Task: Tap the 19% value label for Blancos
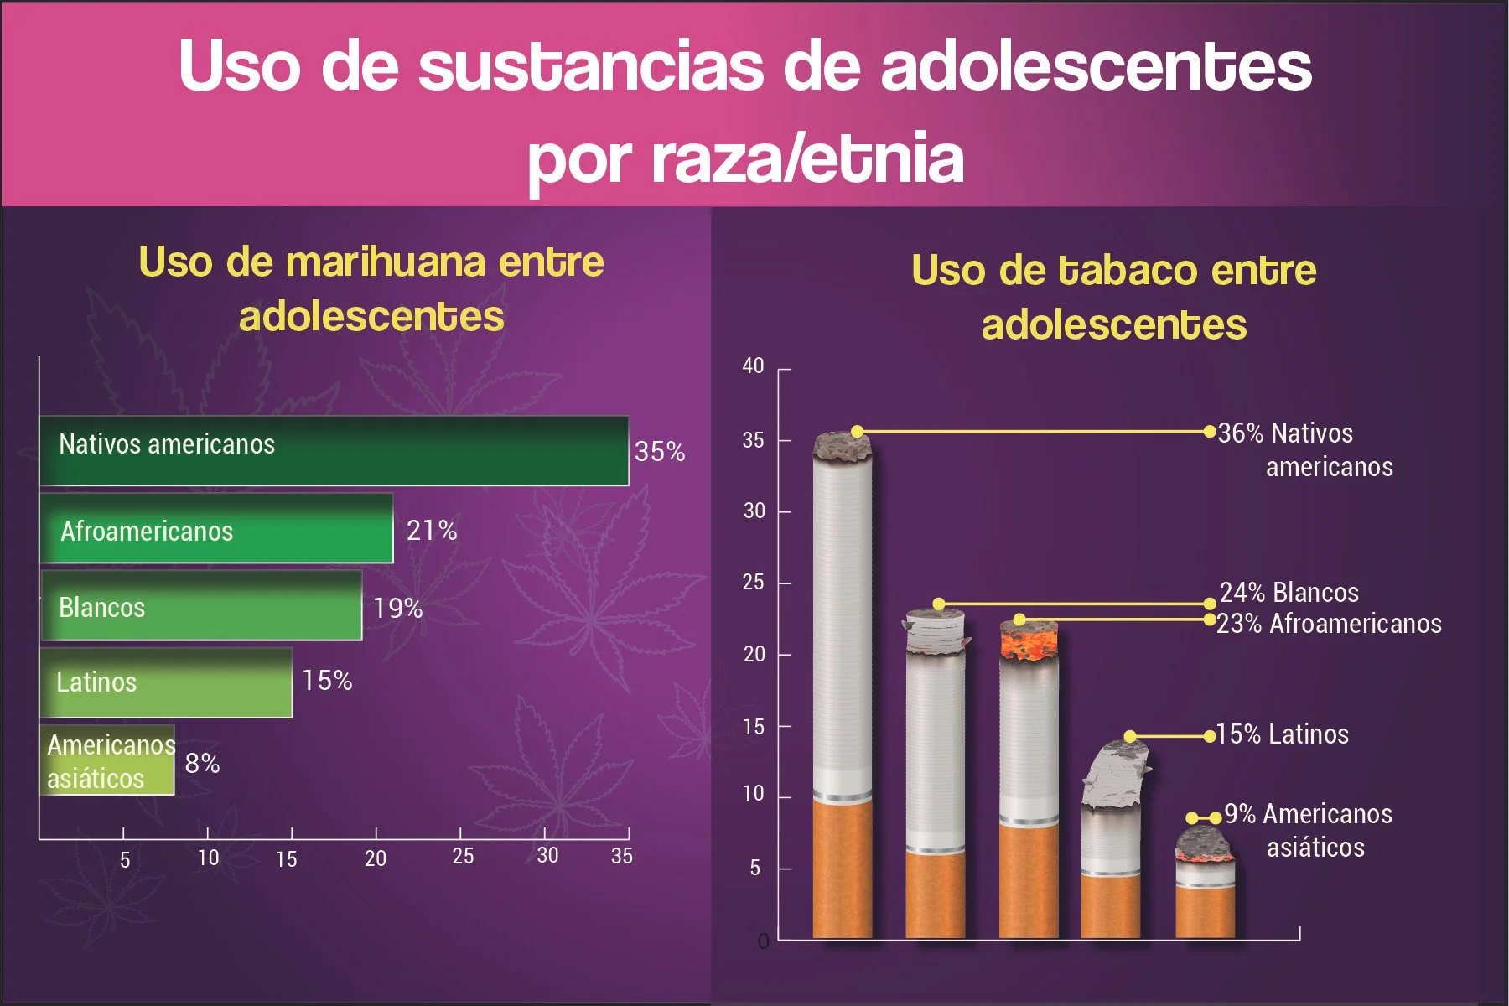pyautogui.click(x=397, y=608)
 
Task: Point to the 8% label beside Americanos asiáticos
pyautogui.click(x=202, y=764)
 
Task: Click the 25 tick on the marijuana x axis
pyautogui.click(x=463, y=856)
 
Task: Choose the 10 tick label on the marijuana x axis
pyautogui.click(x=208, y=858)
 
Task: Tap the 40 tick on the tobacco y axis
pyautogui.click(x=753, y=366)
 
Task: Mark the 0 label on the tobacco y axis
pyautogui.click(x=763, y=941)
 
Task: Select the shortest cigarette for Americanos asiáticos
pyautogui.click(x=1205, y=889)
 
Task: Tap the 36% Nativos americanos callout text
pyautogui.click(x=1304, y=449)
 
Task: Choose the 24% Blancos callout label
pyautogui.click(x=1289, y=593)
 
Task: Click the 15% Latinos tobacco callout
pyautogui.click(x=1283, y=734)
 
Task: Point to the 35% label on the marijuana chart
pyautogui.click(x=660, y=452)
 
